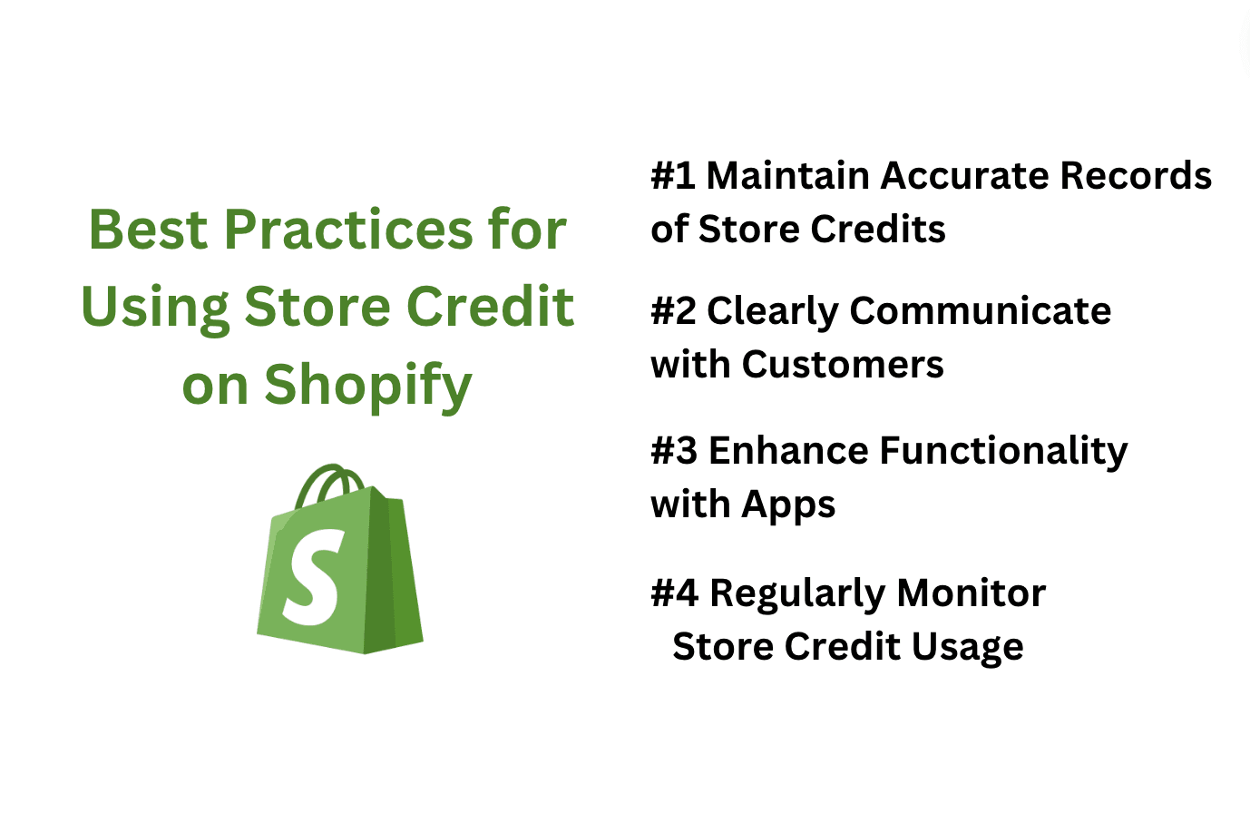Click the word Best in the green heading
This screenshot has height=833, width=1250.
pyautogui.click(x=149, y=230)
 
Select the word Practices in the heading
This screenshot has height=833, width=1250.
pyautogui.click(x=348, y=230)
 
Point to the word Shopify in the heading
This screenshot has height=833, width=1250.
pyautogui.click(x=368, y=387)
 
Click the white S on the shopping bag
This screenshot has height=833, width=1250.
pyautogui.click(x=312, y=577)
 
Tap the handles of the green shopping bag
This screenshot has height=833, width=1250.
pyautogui.click(x=329, y=485)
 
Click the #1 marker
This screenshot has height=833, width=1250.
pyautogui.click(x=673, y=175)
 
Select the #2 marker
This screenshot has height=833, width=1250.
pyautogui.click(x=674, y=311)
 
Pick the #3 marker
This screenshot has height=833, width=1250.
pyautogui.click(x=674, y=451)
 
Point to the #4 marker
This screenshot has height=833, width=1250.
pyautogui.click(x=674, y=593)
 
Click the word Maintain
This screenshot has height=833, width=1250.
pyautogui.click(x=788, y=175)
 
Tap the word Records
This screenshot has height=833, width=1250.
pyautogui.click(x=1136, y=175)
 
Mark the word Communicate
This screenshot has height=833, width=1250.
pyautogui.click(x=981, y=310)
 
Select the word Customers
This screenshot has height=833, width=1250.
pyautogui.click(x=843, y=365)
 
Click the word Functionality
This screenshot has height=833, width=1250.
pyautogui.click(x=1003, y=452)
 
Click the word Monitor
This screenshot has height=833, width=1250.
pyautogui.click(x=972, y=593)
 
